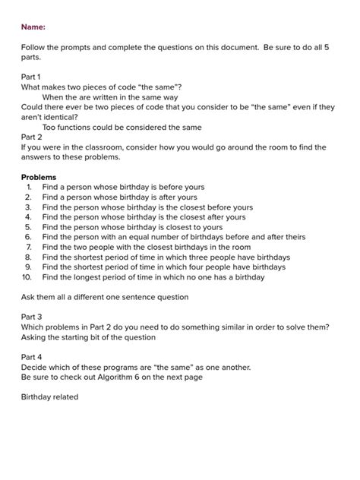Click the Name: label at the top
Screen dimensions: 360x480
click(x=33, y=27)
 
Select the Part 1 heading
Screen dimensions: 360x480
click(x=32, y=77)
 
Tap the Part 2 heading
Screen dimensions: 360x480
click(x=32, y=137)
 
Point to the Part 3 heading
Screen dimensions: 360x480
click(x=32, y=317)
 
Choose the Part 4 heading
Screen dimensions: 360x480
click(x=32, y=356)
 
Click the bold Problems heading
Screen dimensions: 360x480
click(x=39, y=177)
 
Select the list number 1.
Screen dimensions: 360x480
click(x=28, y=187)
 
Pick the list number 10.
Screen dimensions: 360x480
click(x=27, y=277)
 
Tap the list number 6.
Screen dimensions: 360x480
click(x=28, y=237)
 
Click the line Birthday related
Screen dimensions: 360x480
click(x=49, y=396)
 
